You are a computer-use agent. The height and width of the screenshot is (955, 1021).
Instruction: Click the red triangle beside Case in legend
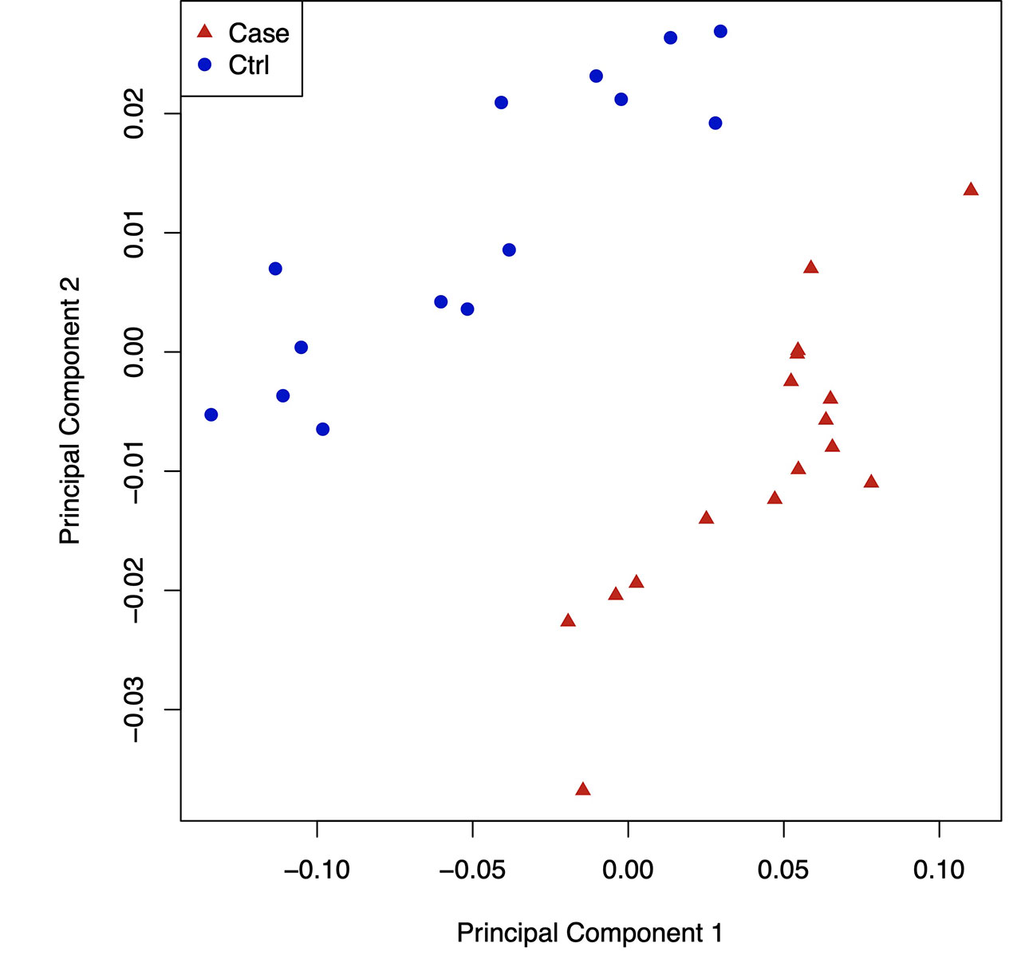205,32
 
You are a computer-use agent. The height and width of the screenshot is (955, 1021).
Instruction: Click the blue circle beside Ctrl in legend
205,65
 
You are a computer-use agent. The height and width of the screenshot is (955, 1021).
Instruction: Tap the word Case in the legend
258,33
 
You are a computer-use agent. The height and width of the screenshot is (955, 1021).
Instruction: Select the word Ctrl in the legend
249,65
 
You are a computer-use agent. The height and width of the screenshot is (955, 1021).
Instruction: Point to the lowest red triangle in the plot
583,789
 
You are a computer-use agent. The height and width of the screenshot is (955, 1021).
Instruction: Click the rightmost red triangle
971,190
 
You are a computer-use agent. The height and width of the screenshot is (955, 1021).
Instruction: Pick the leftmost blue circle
211,415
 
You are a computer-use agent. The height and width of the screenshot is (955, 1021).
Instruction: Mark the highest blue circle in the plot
720,31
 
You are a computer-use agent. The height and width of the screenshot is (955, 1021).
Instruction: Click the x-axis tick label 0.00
628,870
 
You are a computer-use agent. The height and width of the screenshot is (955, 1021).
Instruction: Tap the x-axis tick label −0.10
317,870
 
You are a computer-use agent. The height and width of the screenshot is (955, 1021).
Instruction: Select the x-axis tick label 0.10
939,870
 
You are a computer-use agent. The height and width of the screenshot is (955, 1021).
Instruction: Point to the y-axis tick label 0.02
134,113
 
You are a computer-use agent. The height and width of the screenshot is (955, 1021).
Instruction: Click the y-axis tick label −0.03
134,709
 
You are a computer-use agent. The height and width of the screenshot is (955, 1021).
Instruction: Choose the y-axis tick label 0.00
134,352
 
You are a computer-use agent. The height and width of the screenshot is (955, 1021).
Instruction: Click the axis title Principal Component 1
589,933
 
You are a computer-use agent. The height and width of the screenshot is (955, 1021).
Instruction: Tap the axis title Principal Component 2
70,411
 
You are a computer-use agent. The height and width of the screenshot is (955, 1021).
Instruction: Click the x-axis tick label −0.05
472,870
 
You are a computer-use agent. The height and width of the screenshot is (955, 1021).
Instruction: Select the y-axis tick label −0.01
134,471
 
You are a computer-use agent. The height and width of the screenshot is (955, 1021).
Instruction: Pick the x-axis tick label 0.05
783,870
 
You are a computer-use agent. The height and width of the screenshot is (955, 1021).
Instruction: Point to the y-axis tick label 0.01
134,233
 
